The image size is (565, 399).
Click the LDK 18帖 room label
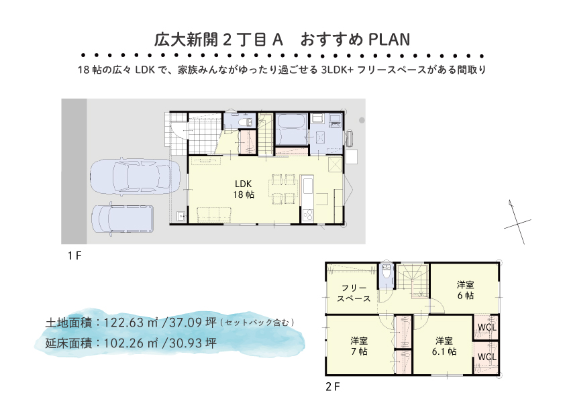click(244, 189)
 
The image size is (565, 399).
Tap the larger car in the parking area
click(135, 177)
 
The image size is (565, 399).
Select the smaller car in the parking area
click(123, 220)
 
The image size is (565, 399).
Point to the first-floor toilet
click(245, 121)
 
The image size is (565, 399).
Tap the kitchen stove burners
click(308, 215)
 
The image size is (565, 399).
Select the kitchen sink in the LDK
click(308, 186)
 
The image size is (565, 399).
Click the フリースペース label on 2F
click(354, 293)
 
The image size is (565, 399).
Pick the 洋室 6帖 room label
click(465, 290)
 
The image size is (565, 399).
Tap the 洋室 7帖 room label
click(359, 346)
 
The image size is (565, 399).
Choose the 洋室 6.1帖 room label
click(444, 346)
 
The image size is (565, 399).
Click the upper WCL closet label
click(486, 328)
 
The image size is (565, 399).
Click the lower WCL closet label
click(486, 357)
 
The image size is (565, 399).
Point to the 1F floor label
click(74, 255)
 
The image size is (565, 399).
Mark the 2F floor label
click(333, 387)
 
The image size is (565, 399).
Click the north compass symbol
click(517, 222)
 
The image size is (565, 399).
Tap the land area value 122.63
click(124, 323)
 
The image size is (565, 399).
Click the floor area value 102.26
click(124, 343)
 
